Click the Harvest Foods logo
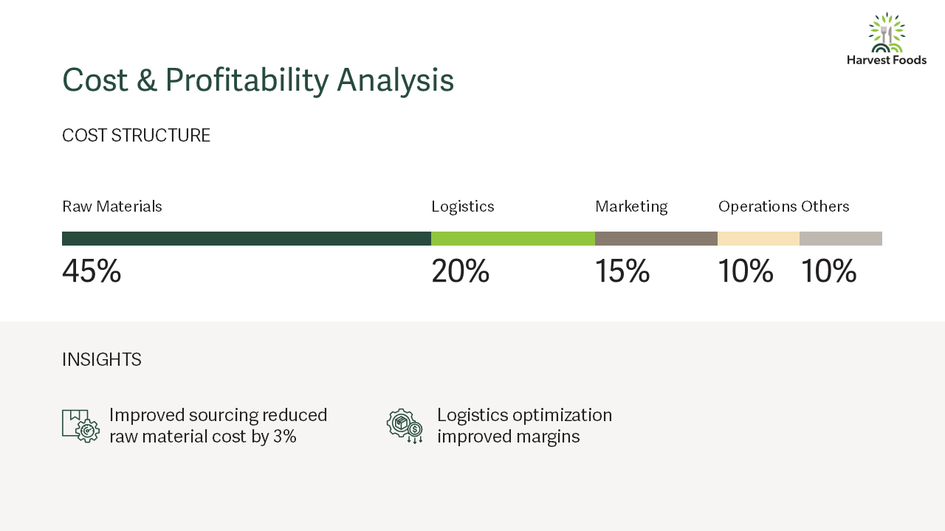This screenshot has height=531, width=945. (x=887, y=39)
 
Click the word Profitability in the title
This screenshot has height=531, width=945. (x=247, y=80)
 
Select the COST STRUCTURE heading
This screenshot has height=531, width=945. (x=136, y=136)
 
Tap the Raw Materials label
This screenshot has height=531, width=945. (x=111, y=206)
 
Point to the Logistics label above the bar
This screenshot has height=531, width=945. (x=462, y=207)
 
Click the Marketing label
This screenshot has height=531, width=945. (x=631, y=207)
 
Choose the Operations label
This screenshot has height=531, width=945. (x=757, y=207)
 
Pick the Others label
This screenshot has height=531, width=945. (x=825, y=206)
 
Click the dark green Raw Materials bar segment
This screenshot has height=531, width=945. (x=247, y=238)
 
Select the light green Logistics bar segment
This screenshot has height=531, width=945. (x=513, y=238)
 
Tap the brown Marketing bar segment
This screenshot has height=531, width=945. (x=656, y=238)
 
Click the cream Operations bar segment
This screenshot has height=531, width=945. (x=758, y=238)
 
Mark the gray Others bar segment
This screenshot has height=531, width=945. (x=841, y=238)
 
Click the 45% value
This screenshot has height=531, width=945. (x=92, y=271)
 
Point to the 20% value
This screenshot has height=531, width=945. (x=460, y=271)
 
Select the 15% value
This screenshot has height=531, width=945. (x=622, y=271)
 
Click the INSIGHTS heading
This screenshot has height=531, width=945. (x=101, y=360)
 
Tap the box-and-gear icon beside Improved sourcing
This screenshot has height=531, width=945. (x=81, y=426)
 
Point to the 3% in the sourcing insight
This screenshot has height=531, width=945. (x=285, y=437)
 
